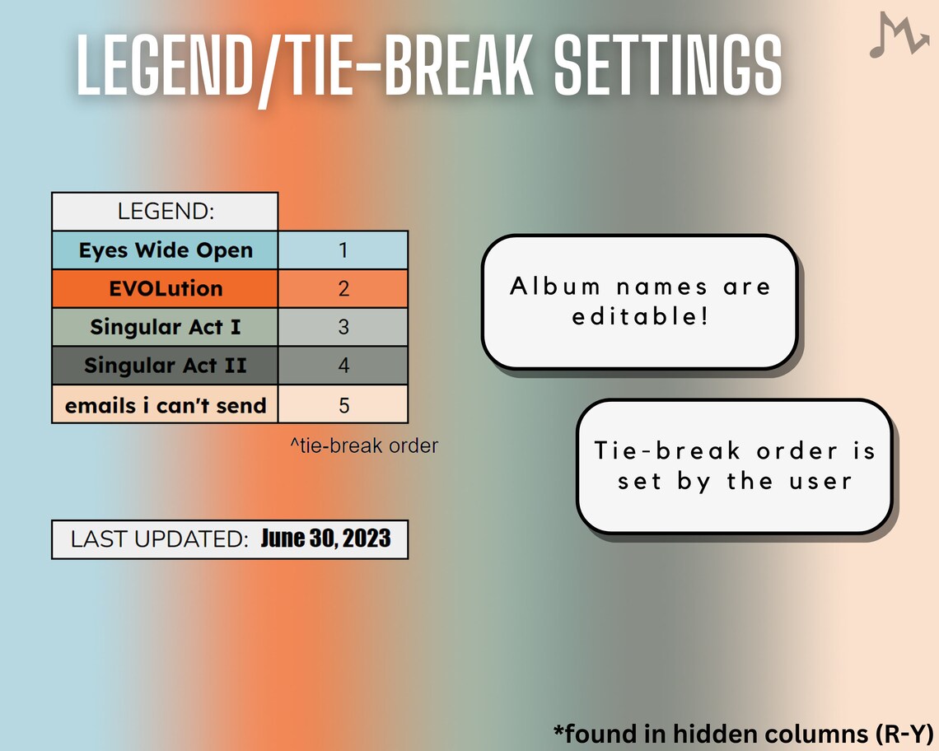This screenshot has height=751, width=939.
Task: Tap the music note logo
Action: pos(898,36)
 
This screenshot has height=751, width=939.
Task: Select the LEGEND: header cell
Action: pos(165,212)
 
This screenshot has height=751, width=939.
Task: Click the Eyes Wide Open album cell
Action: pos(165,250)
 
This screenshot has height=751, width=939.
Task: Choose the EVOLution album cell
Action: pos(165,289)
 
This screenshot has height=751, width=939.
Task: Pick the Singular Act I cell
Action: pos(165,327)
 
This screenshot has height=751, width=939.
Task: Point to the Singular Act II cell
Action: pos(165,365)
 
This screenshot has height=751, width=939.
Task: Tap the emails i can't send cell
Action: pos(165,404)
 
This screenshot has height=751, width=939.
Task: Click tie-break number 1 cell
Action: pos(343,250)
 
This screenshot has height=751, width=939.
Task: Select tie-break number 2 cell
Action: pos(343,289)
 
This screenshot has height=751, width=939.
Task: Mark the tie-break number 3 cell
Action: pos(343,327)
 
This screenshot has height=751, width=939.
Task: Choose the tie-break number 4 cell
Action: pos(343,365)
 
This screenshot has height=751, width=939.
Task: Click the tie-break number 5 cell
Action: pos(343,404)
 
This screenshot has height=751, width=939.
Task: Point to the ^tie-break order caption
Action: pos(363,446)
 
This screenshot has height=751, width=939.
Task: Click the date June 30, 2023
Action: pos(325,539)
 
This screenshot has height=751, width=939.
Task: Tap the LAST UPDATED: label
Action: pos(159,539)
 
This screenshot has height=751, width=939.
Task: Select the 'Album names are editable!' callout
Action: pos(639,301)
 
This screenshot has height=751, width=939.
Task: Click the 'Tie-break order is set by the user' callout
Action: pos(734,466)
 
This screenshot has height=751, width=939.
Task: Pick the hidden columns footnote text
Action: pos(741,733)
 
